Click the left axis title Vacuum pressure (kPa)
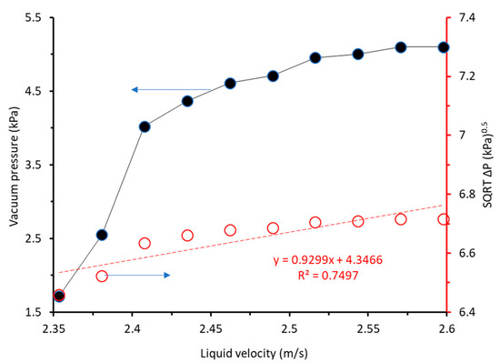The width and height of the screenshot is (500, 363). [13, 164]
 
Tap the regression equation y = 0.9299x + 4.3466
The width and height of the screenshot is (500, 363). [330, 260]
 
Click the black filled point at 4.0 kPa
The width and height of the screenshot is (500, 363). [145, 126]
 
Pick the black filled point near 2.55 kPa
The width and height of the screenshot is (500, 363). [102, 235]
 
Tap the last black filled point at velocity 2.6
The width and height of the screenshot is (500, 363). [444, 46]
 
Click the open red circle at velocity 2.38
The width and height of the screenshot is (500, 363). [102, 276]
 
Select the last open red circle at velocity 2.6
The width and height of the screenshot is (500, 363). [444, 219]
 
